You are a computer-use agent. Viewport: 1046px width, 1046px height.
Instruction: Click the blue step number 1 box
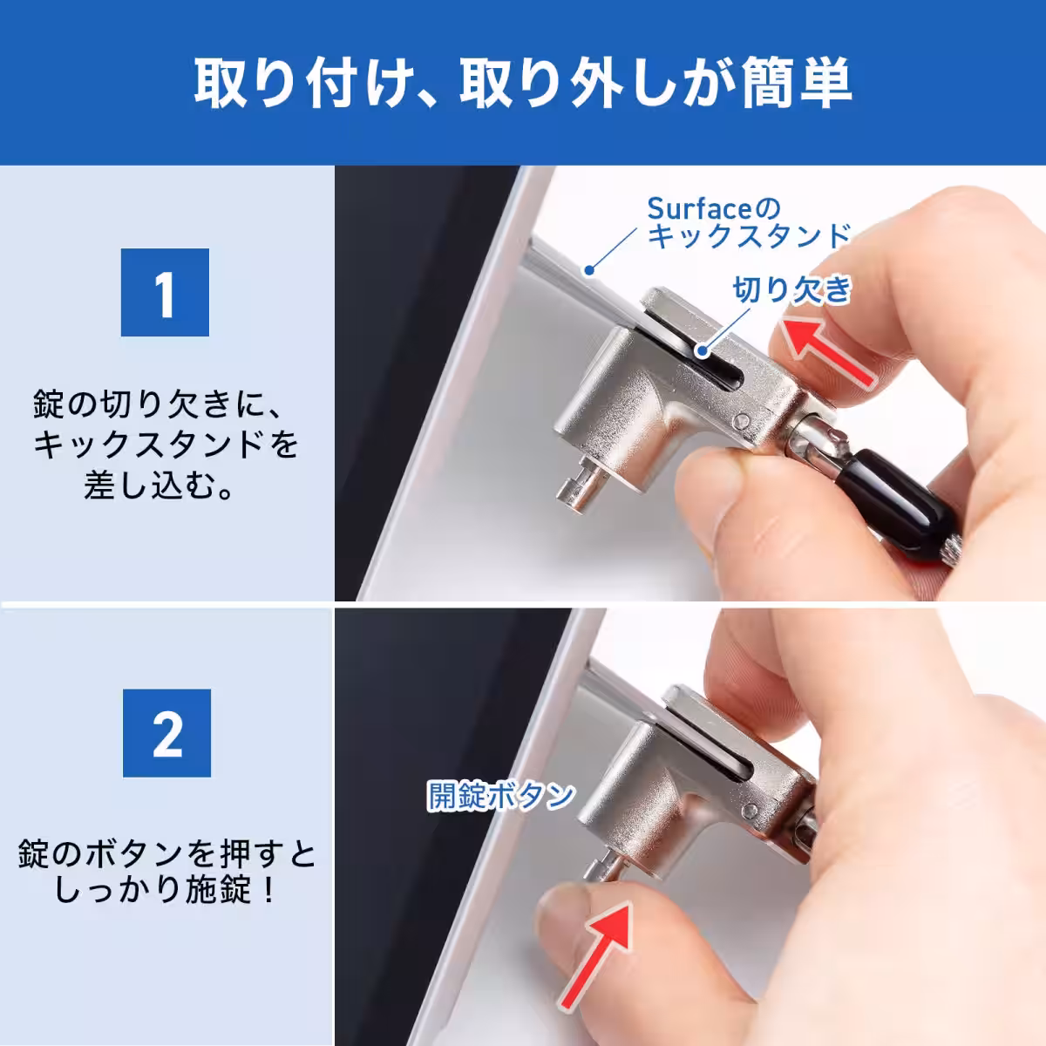[x=165, y=293]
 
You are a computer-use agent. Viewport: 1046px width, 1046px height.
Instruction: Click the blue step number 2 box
[x=166, y=733]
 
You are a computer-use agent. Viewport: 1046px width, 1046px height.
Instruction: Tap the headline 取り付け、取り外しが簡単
[x=522, y=84]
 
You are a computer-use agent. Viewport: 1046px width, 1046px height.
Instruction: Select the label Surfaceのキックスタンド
[x=748, y=223]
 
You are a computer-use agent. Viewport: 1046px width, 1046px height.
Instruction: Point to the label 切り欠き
[x=791, y=290]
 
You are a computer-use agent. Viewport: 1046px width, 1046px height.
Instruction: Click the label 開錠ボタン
[x=501, y=795]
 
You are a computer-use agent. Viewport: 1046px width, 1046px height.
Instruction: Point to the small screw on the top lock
[x=742, y=421]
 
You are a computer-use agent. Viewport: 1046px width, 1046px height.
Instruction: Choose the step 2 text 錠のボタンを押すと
[x=166, y=852]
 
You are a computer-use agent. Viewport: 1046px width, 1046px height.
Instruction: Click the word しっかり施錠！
[x=166, y=890]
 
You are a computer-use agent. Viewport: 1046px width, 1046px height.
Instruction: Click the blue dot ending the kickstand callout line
[x=589, y=270]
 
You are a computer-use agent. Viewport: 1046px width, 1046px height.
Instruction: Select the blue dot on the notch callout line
[x=702, y=352]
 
